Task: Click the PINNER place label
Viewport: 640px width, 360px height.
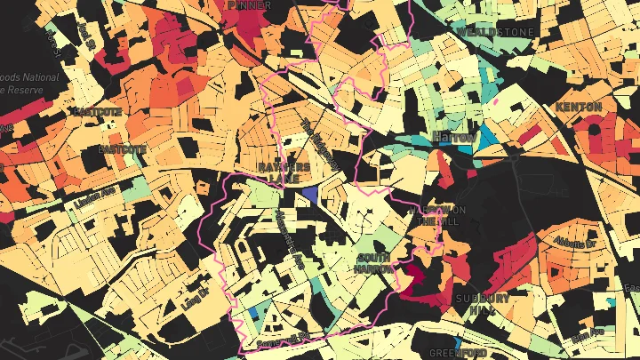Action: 249,4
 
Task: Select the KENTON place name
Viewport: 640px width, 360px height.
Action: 579,108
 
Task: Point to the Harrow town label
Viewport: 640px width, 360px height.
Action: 453,137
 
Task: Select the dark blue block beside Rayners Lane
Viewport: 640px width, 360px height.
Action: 309,194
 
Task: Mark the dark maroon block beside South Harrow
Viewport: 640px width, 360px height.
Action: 412,276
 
